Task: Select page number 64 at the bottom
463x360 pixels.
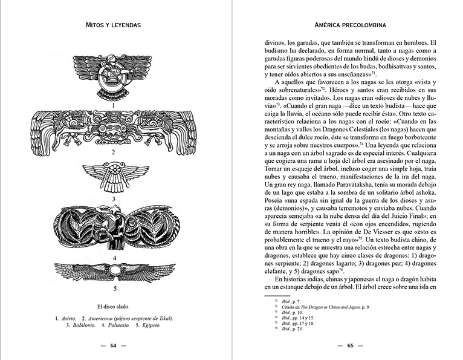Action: point(113,346)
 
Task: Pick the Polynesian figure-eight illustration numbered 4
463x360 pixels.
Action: point(113,227)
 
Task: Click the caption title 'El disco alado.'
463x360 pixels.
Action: point(114,306)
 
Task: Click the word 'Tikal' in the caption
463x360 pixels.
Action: point(163,318)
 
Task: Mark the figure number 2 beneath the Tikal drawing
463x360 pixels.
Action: point(113,152)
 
